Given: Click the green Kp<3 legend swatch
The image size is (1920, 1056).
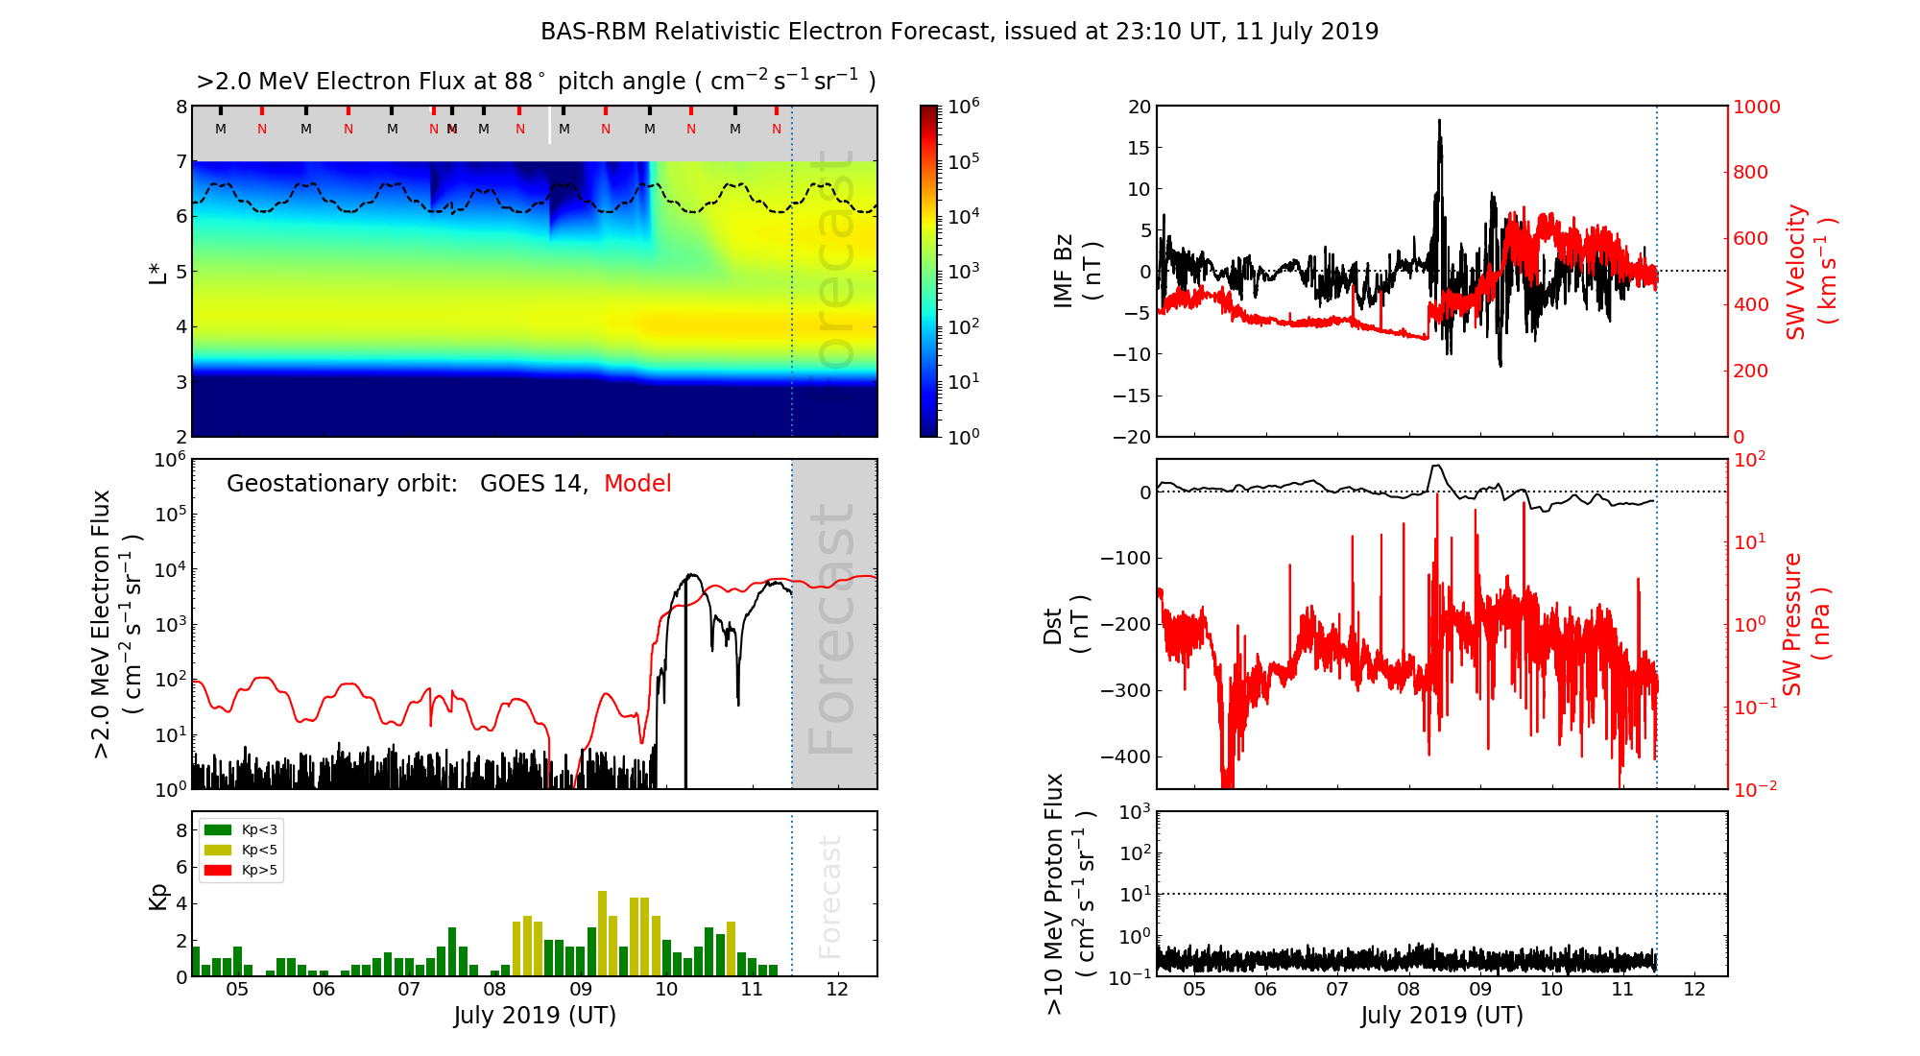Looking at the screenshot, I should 218,829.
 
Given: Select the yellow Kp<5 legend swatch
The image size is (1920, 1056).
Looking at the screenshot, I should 218,850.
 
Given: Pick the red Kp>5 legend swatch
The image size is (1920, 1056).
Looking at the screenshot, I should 218,871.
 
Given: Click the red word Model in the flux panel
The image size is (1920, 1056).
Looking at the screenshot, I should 637,484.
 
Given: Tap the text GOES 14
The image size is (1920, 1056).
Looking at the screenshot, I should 533,484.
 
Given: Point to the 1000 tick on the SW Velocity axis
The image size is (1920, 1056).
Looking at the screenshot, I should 1756,107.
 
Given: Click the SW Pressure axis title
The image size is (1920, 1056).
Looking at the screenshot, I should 1805,624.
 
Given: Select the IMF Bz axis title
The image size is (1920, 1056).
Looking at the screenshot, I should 1076,271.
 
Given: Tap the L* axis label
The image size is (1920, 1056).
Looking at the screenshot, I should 158,271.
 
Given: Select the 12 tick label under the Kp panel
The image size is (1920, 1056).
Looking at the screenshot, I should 837,990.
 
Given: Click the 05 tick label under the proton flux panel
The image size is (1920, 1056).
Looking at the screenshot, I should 1193,990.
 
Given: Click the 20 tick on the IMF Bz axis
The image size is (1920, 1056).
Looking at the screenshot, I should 1139,107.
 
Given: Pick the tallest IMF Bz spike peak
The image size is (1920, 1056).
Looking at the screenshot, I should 1439,121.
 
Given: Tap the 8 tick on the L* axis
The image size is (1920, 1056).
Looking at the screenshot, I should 180,107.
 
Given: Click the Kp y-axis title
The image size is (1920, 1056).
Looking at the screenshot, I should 158,896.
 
